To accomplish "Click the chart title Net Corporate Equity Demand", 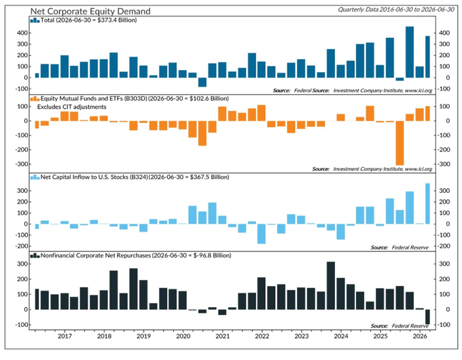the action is tap(90, 11).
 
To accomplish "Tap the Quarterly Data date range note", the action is tap(396, 10).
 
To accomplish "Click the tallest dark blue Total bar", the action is tap(410, 52).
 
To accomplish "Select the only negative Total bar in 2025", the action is tap(399, 79).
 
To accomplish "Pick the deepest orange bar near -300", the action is tap(399, 143).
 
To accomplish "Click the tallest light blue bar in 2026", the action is tap(427, 204).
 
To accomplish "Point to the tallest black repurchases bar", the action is tap(331, 285).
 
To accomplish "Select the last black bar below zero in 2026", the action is tap(427, 317).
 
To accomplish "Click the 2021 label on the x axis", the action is tap(222, 336).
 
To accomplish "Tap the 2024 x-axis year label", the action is tap(341, 336).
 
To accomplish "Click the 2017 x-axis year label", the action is tap(65, 336).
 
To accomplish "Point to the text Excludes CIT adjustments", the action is tap(71, 107).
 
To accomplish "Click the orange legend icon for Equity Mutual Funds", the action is tap(35, 98).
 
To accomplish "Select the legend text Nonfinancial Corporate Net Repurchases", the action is tap(96, 255).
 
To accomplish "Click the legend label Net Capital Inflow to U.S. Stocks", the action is tap(94, 177).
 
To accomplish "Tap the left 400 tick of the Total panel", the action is tap(22, 33).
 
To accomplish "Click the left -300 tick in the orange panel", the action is tap(21, 164).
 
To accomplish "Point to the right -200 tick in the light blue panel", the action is tap(444, 246).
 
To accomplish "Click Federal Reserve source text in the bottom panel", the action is tap(410, 326).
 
